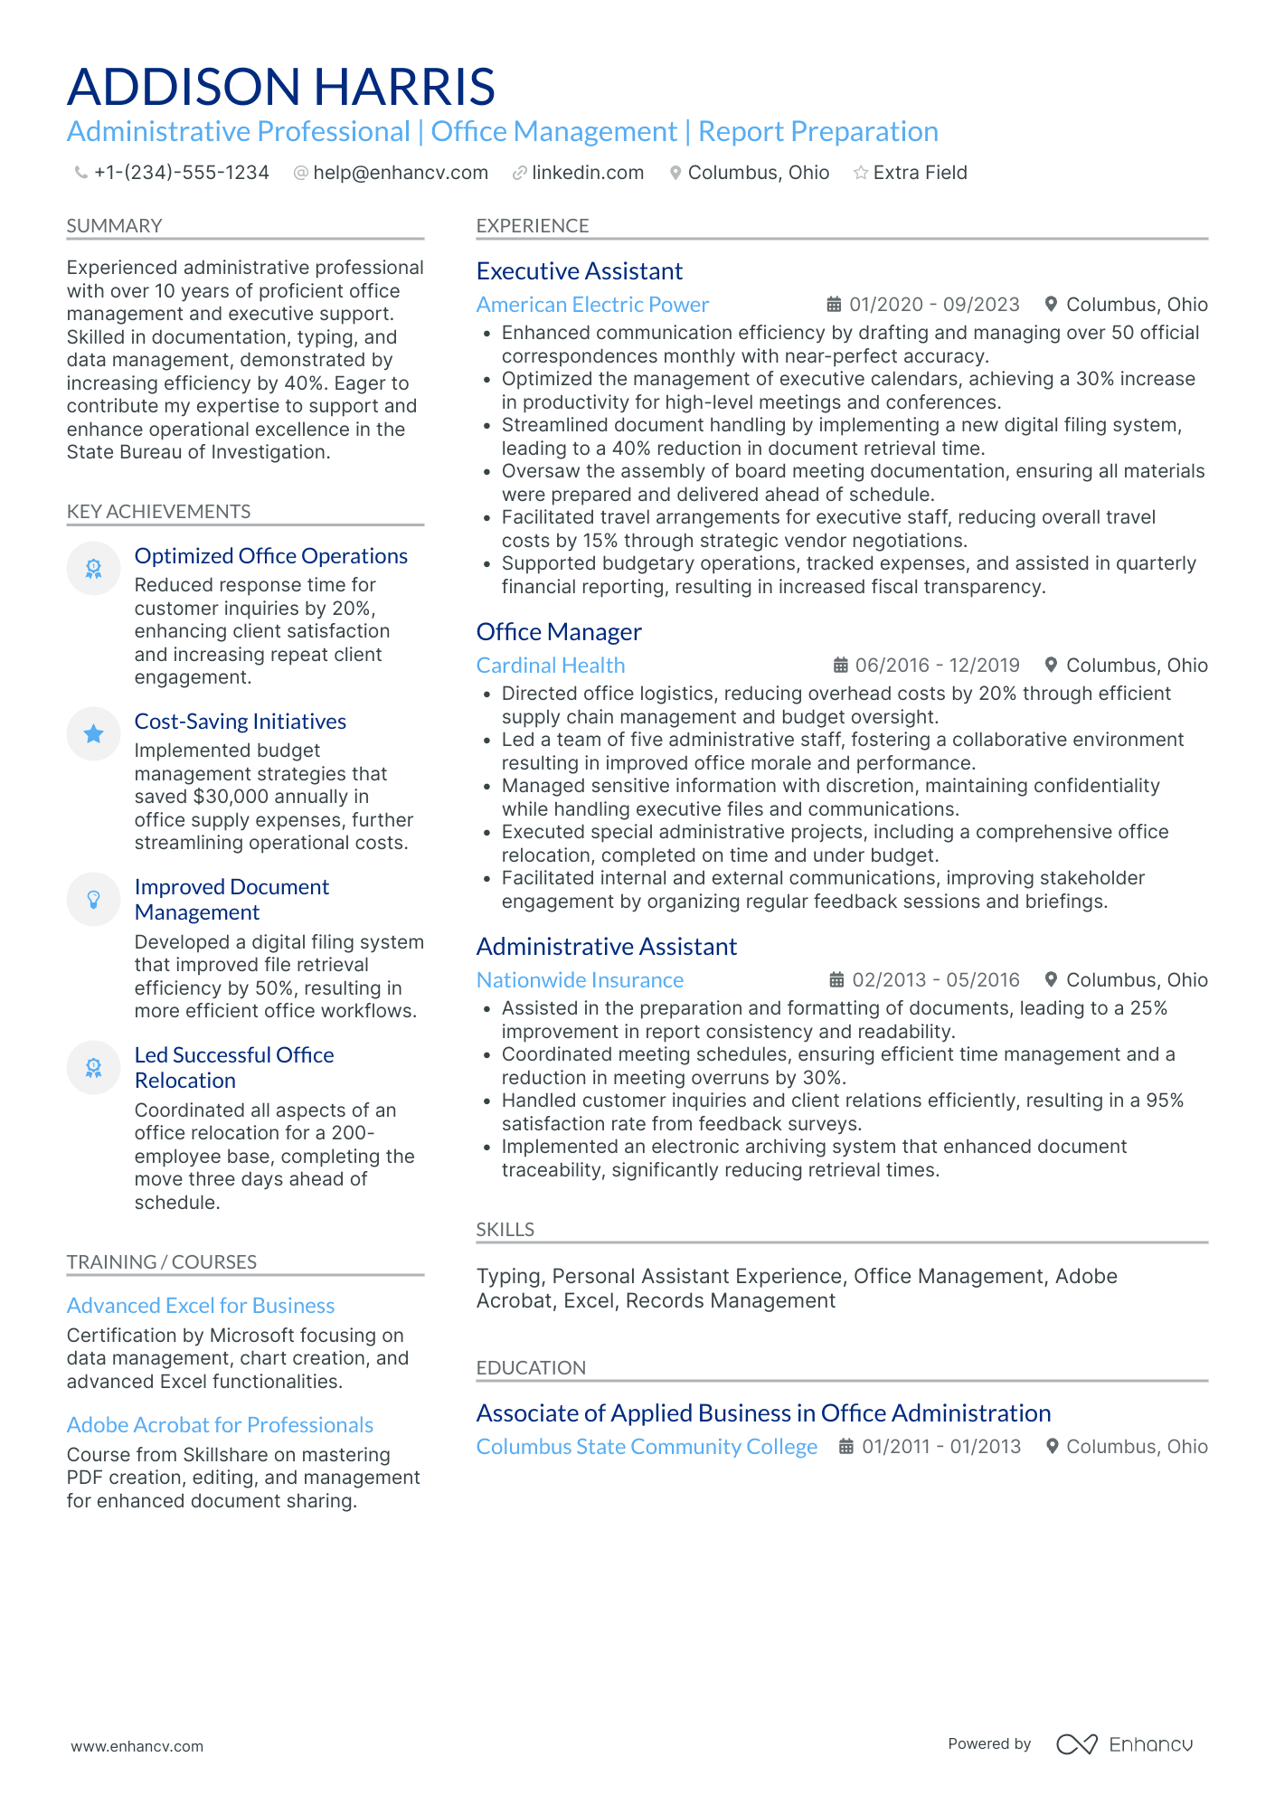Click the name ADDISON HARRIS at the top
coord(280,87)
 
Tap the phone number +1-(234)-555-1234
coord(181,173)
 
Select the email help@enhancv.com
coord(400,173)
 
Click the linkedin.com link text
coord(588,173)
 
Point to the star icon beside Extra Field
coord(861,173)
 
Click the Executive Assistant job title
coord(579,271)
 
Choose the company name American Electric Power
coord(592,305)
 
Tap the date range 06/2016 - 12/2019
coord(937,666)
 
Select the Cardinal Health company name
coord(550,666)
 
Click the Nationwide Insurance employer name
coord(580,980)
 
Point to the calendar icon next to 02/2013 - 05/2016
coord(836,980)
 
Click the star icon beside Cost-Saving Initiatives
coord(93,734)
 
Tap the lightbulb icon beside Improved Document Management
coord(93,899)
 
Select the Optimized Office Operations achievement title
coord(270,556)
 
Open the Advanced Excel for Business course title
coord(201,1306)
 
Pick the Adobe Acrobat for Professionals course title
coord(220,1425)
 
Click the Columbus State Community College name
coord(647,1447)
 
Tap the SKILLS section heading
coord(505,1230)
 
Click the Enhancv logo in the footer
coord(1124,1744)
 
